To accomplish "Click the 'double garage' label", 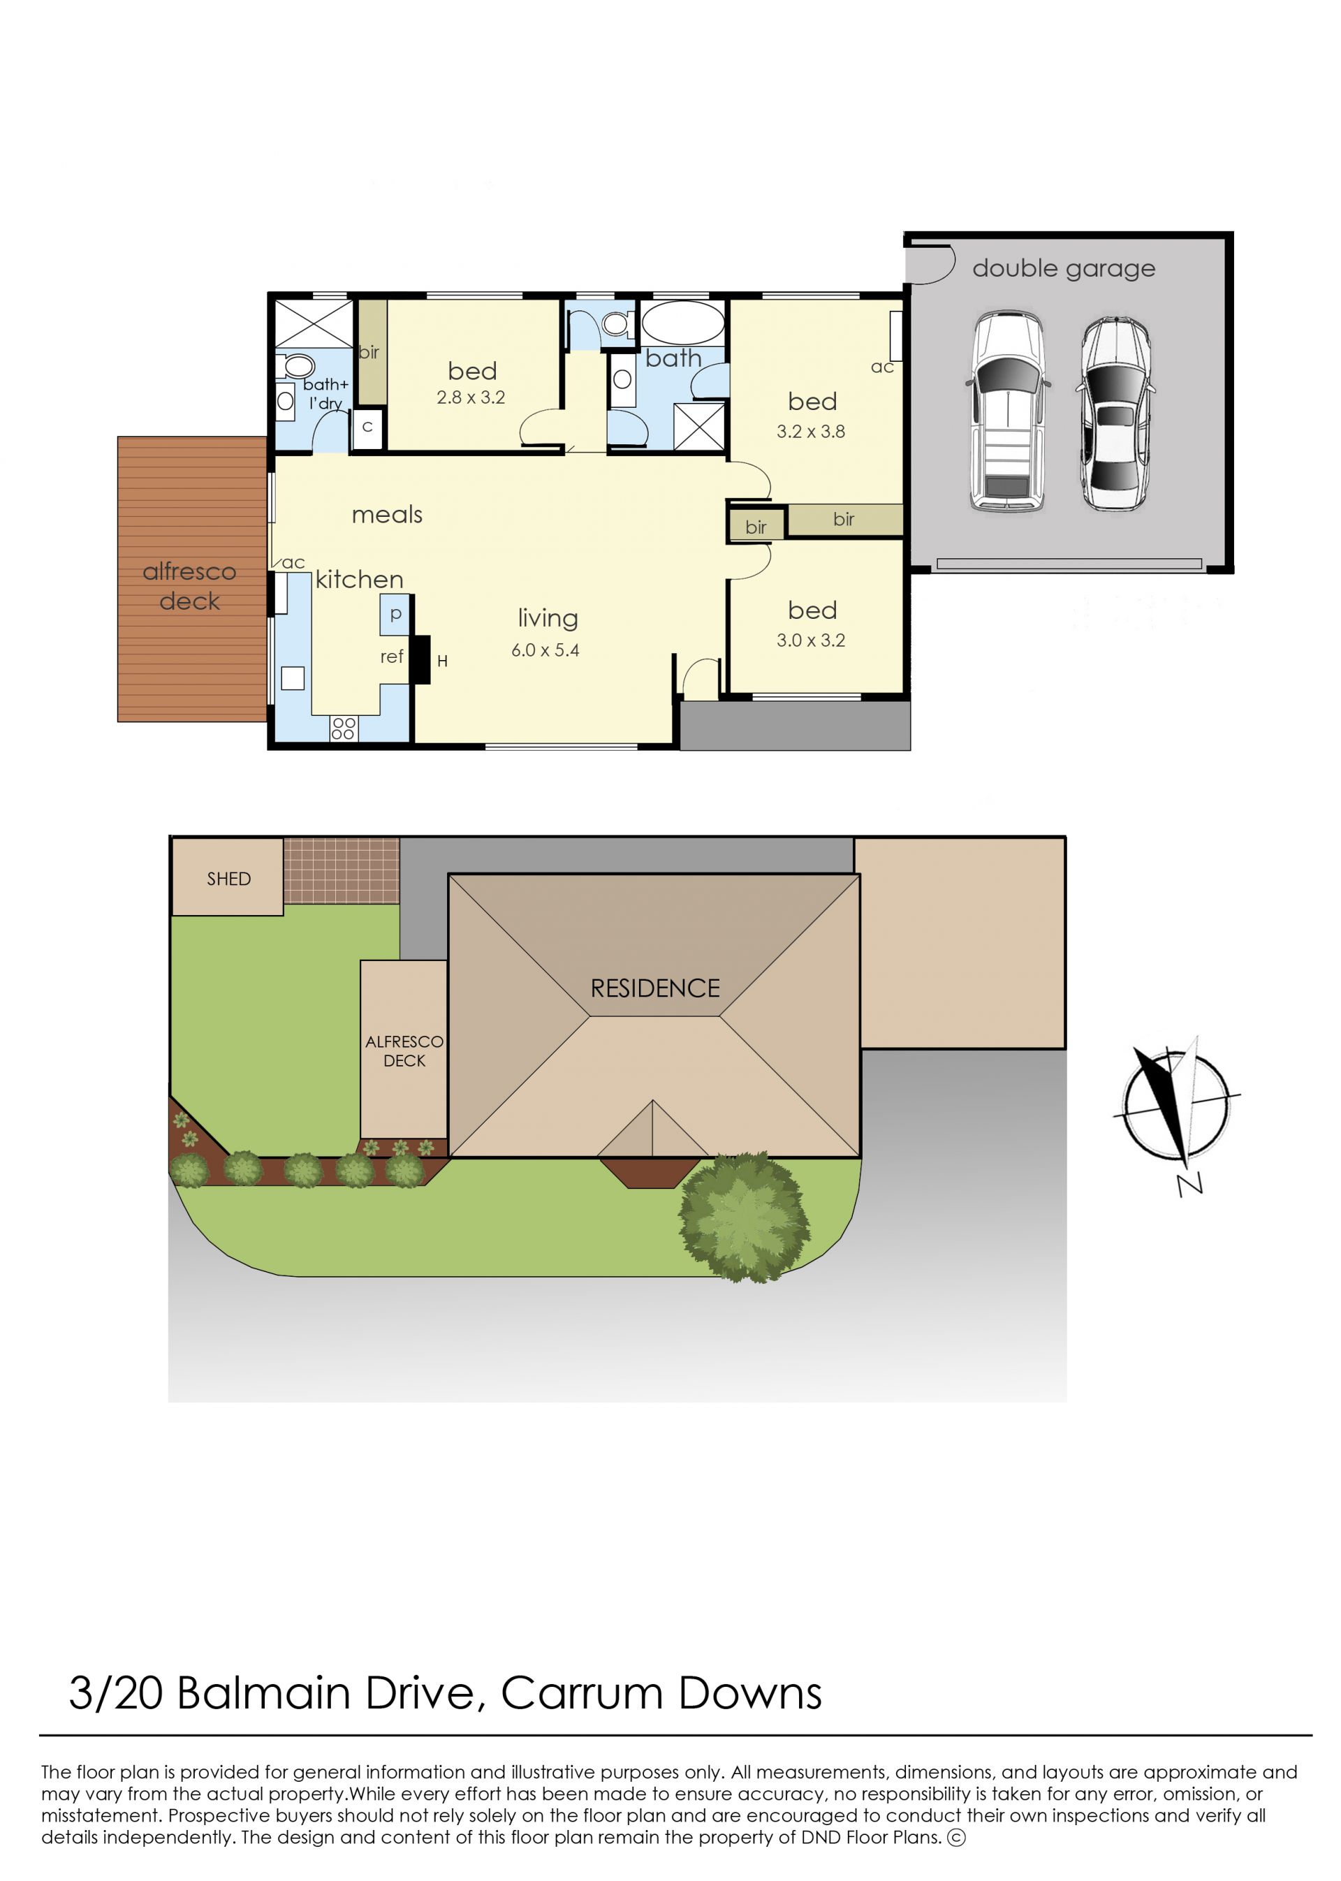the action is click(1064, 269).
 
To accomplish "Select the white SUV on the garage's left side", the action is click(1007, 411).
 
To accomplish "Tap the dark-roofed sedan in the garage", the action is click(1115, 413).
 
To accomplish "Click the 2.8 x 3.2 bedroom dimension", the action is click(471, 397).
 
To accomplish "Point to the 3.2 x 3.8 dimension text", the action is click(810, 431).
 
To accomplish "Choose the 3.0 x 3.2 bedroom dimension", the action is click(810, 640).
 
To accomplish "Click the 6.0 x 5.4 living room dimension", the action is click(545, 650).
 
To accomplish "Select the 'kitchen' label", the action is click(359, 579).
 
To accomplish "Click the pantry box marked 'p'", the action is click(395, 615).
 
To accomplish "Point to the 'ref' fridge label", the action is click(391, 657).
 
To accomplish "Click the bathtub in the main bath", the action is click(683, 323).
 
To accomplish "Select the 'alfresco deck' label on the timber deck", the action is click(189, 586).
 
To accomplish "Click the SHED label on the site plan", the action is click(228, 879).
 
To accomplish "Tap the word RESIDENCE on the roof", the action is click(655, 988).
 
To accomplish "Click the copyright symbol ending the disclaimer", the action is click(956, 1837).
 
